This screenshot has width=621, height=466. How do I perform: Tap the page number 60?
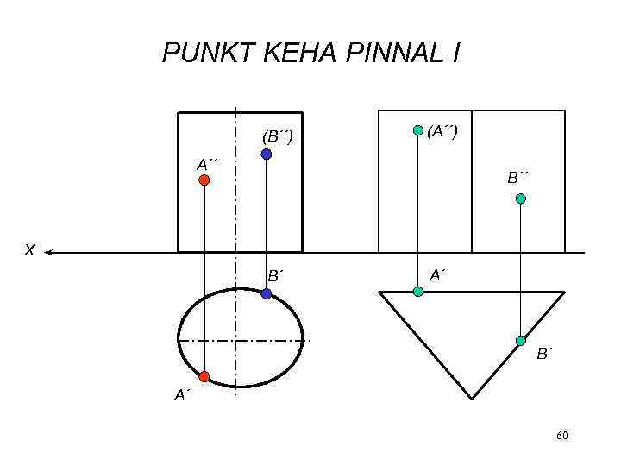[x=562, y=436]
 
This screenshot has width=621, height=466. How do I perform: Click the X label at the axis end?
[x=29, y=250]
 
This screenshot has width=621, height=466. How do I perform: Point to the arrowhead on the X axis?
[x=50, y=253]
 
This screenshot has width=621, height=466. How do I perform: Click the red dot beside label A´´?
[x=204, y=180]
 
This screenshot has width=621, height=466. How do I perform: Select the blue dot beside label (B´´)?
[x=267, y=154]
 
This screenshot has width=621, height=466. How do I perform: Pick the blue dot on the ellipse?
[x=267, y=294]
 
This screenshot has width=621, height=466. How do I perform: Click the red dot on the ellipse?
[x=204, y=377]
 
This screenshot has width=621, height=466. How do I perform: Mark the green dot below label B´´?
[x=520, y=198]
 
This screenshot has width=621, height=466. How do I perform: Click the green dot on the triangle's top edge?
[x=417, y=292]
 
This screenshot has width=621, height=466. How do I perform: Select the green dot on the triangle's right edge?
[x=520, y=341]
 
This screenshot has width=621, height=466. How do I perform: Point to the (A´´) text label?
[x=442, y=130]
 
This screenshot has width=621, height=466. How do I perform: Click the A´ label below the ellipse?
[x=181, y=395]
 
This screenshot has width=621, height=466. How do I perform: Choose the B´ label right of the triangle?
[x=543, y=354]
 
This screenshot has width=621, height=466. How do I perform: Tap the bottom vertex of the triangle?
[x=472, y=398]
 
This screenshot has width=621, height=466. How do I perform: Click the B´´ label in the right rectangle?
[x=517, y=178]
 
